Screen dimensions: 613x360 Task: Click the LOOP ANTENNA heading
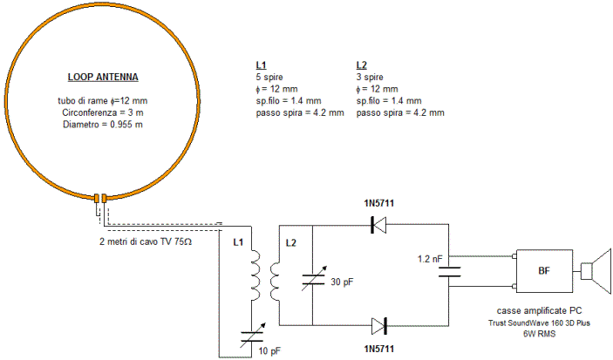103,77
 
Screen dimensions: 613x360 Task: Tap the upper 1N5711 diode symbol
378,225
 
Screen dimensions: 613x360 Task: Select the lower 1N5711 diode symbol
378,326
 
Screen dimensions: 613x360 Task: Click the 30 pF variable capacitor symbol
314,279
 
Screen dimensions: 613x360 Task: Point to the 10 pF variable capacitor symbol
253,335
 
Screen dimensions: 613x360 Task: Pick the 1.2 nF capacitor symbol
449,272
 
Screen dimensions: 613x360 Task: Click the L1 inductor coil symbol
255,275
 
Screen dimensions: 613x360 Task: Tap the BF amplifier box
544,271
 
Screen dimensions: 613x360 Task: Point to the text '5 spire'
269,77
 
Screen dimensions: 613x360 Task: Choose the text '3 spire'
370,77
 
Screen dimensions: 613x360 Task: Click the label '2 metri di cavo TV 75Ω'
146,241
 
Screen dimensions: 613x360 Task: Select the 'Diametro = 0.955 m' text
103,125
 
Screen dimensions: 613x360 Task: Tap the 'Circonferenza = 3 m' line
103,112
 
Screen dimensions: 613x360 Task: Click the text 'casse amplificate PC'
539,310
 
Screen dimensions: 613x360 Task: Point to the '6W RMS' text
539,334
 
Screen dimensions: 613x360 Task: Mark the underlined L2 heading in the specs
362,65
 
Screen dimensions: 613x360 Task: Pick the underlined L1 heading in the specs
261,65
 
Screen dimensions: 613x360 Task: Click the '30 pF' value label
342,282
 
